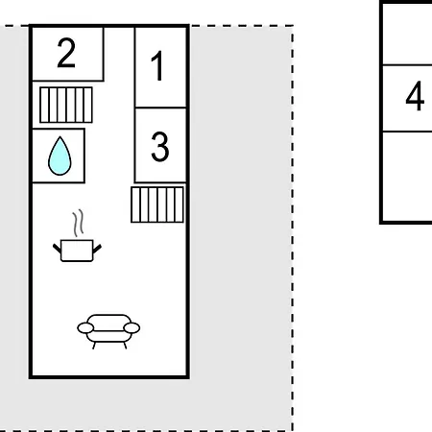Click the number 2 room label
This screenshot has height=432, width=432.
click(x=66, y=53)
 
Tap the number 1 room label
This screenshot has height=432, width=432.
click(x=158, y=66)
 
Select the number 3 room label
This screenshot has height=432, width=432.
click(x=160, y=147)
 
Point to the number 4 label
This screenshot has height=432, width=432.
click(x=415, y=96)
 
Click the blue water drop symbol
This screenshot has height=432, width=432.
click(x=60, y=156)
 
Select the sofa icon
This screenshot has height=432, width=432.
click(x=108, y=331)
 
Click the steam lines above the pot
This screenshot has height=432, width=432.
click(x=78, y=223)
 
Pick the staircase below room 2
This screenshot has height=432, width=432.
click(x=66, y=105)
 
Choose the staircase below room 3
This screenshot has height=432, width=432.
click(x=157, y=204)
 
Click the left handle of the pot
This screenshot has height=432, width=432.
click(x=57, y=249)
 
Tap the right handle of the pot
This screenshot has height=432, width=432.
click(x=97, y=249)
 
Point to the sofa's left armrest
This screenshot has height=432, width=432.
click(x=85, y=328)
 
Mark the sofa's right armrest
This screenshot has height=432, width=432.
click(x=132, y=328)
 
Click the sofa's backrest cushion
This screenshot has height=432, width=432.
click(x=108, y=323)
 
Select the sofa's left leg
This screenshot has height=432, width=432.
click(x=94, y=346)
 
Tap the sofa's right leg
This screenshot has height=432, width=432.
click(x=125, y=346)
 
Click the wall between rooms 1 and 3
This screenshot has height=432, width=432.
click(x=160, y=108)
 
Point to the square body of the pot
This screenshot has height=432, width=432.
click(x=77, y=251)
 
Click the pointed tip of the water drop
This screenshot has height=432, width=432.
click(x=60, y=137)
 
